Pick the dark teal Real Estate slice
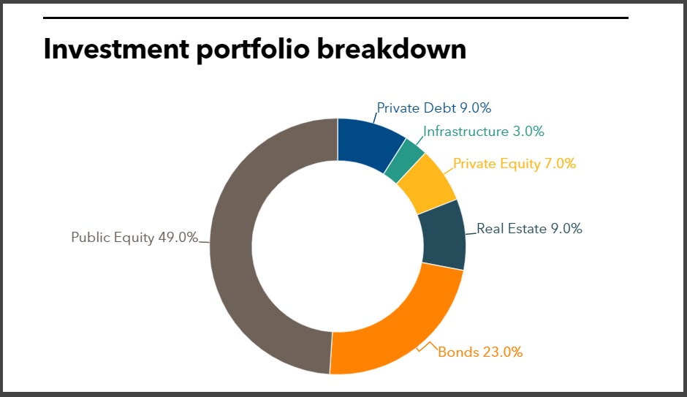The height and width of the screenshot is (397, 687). pos(444,234)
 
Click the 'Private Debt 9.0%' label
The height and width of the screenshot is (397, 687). pos(433,108)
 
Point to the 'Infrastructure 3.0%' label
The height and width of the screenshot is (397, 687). pos(484,132)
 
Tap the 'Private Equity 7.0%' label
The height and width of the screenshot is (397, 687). pos(515,164)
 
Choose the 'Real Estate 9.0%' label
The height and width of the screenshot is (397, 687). pos(529,229)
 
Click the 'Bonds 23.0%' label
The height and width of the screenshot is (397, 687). pos(480,352)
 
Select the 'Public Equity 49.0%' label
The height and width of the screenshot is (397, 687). pos(134,238)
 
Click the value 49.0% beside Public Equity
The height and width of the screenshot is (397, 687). pos(178,238)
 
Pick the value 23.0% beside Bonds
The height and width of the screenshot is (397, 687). pos(503,352)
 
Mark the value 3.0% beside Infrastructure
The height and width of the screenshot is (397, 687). pos(528,132)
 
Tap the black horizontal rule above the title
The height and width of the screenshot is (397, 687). pos(335,18)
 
